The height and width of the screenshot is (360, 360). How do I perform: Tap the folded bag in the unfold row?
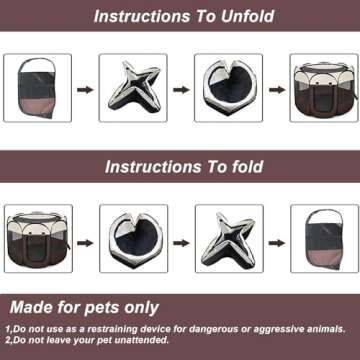38,88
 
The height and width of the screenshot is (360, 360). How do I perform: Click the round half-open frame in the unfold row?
227,88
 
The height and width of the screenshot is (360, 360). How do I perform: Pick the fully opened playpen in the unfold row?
323,88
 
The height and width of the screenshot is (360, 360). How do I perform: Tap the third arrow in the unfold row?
275,89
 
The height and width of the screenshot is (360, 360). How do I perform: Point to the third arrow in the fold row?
275,240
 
